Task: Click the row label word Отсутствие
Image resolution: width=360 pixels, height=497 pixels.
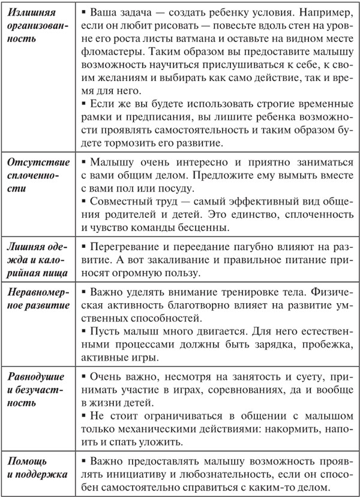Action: (35, 163)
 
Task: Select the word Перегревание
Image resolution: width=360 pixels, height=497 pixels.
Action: (122, 248)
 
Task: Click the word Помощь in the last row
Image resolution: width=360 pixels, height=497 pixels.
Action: (28, 463)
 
